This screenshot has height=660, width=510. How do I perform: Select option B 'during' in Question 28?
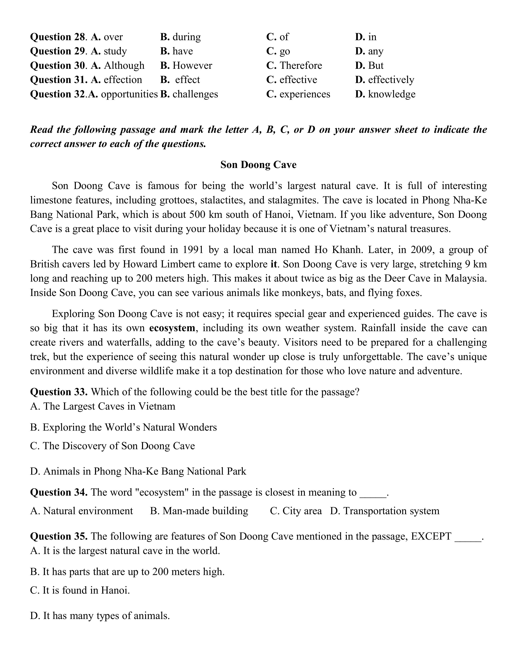coord(186,37)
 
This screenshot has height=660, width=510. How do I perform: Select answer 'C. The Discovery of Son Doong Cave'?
coord(112,446)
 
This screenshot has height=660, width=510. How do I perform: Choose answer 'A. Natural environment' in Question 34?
coord(82,511)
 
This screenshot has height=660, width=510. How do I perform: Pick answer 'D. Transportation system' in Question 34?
coord(385,511)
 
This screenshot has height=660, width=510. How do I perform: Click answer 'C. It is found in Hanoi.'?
coord(80,590)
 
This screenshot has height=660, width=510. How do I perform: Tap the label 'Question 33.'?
coord(59,392)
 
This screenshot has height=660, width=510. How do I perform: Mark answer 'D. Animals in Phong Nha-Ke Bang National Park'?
coord(138,471)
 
